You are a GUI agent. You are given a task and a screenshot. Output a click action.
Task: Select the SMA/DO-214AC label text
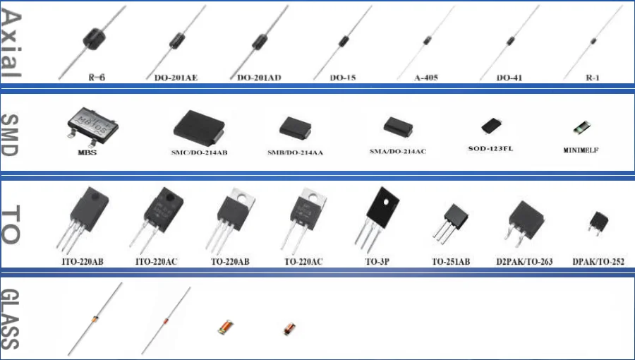pyautogui.click(x=397, y=151)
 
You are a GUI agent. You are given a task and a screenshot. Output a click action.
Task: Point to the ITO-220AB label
pyautogui.click(x=83, y=262)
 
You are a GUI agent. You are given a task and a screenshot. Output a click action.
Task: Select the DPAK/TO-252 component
pyautogui.click(x=598, y=220)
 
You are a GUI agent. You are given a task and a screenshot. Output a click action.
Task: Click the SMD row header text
pyautogui.click(x=11, y=133)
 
